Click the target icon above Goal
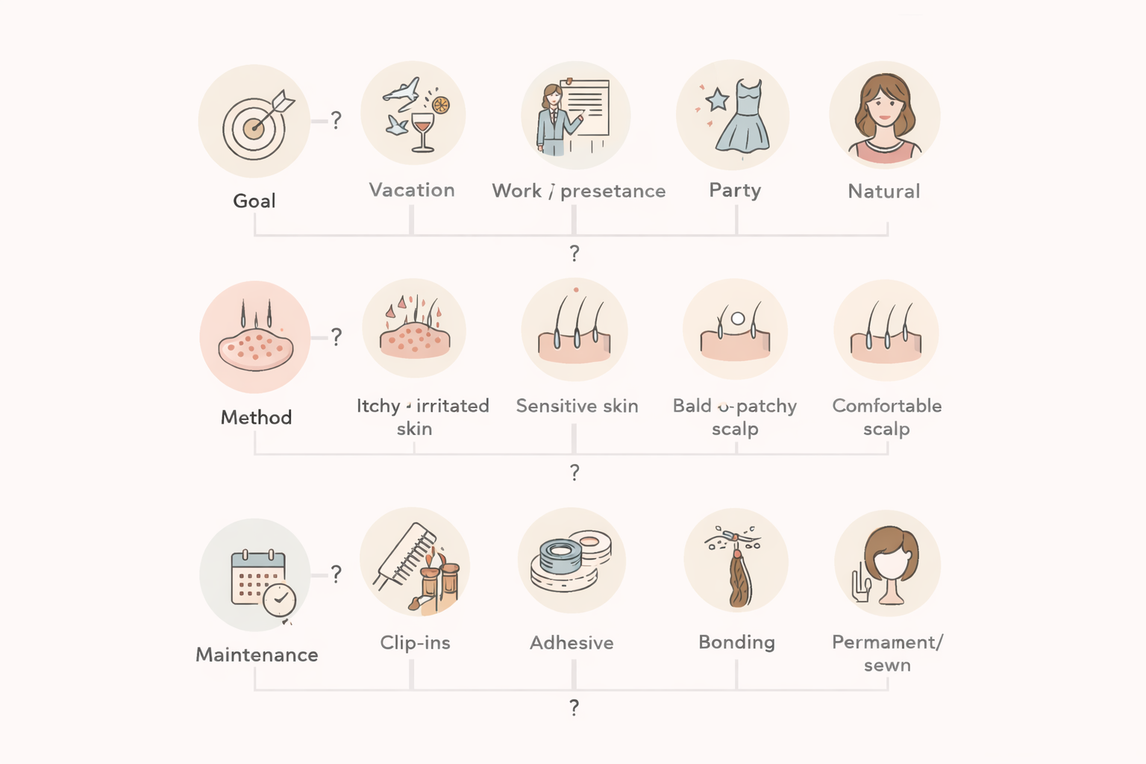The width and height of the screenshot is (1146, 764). tap(254, 127)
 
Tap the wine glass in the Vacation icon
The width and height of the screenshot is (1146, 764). tap(422, 131)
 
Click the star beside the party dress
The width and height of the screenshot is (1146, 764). tap(717, 99)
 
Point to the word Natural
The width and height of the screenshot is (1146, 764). tap(883, 192)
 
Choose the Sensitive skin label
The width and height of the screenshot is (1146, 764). tap(577, 406)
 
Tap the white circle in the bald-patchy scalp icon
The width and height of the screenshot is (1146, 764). tap(738, 319)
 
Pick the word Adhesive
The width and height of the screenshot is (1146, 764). tap(572, 642)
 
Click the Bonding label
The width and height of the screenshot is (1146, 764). tap(736, 642)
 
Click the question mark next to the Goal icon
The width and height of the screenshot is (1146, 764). tap(336, 120)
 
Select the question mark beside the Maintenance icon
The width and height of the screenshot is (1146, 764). tap(336, 574)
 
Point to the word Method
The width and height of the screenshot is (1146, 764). tap(256, 417)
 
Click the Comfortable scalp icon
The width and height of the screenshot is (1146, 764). tap(886, 332)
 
